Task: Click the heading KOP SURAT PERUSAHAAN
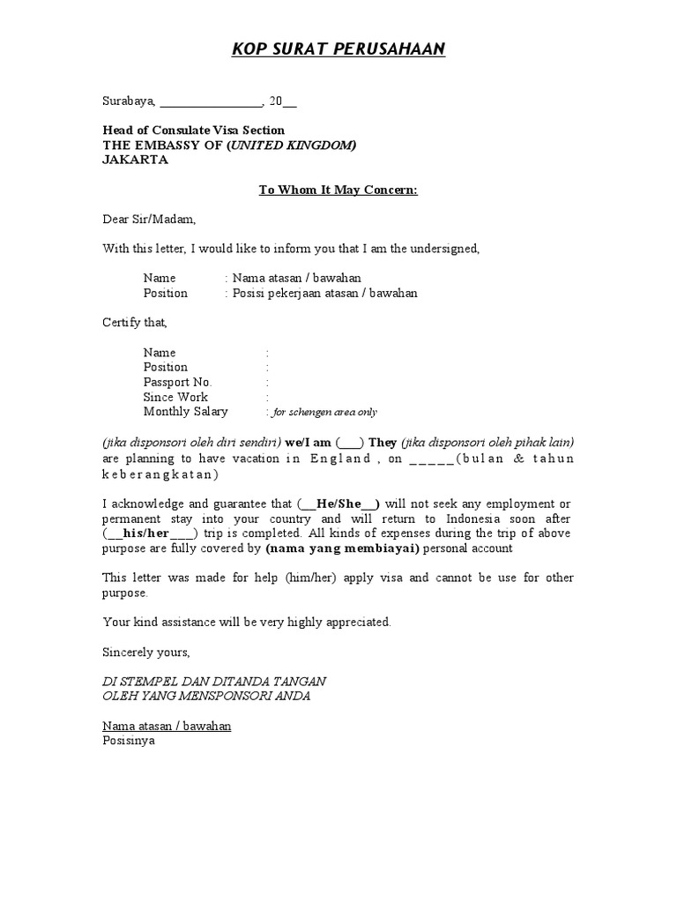tap(338, 49)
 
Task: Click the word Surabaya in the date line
tap(128, 101)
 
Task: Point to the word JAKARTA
tap(135, 160)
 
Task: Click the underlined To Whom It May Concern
tap(338, 190)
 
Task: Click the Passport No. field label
tap(178, 382)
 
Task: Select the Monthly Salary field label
tap(185, 412)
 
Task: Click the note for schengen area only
tap(324, 413)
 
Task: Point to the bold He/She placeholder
tap(339, 504)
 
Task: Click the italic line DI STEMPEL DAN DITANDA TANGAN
tap(214, 682)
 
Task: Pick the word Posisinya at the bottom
tap(129, 742)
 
